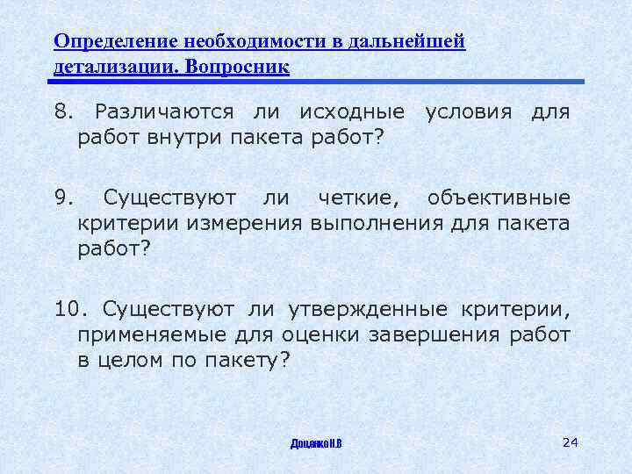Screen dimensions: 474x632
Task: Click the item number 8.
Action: (x=61, y=112)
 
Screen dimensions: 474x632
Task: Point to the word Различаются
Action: (x=165, y=112)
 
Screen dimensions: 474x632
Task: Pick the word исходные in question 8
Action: (x=352, y=112)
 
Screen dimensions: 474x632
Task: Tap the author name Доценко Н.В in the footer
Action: (x=316, y=442)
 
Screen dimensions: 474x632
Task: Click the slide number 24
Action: (x=570, y=441)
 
